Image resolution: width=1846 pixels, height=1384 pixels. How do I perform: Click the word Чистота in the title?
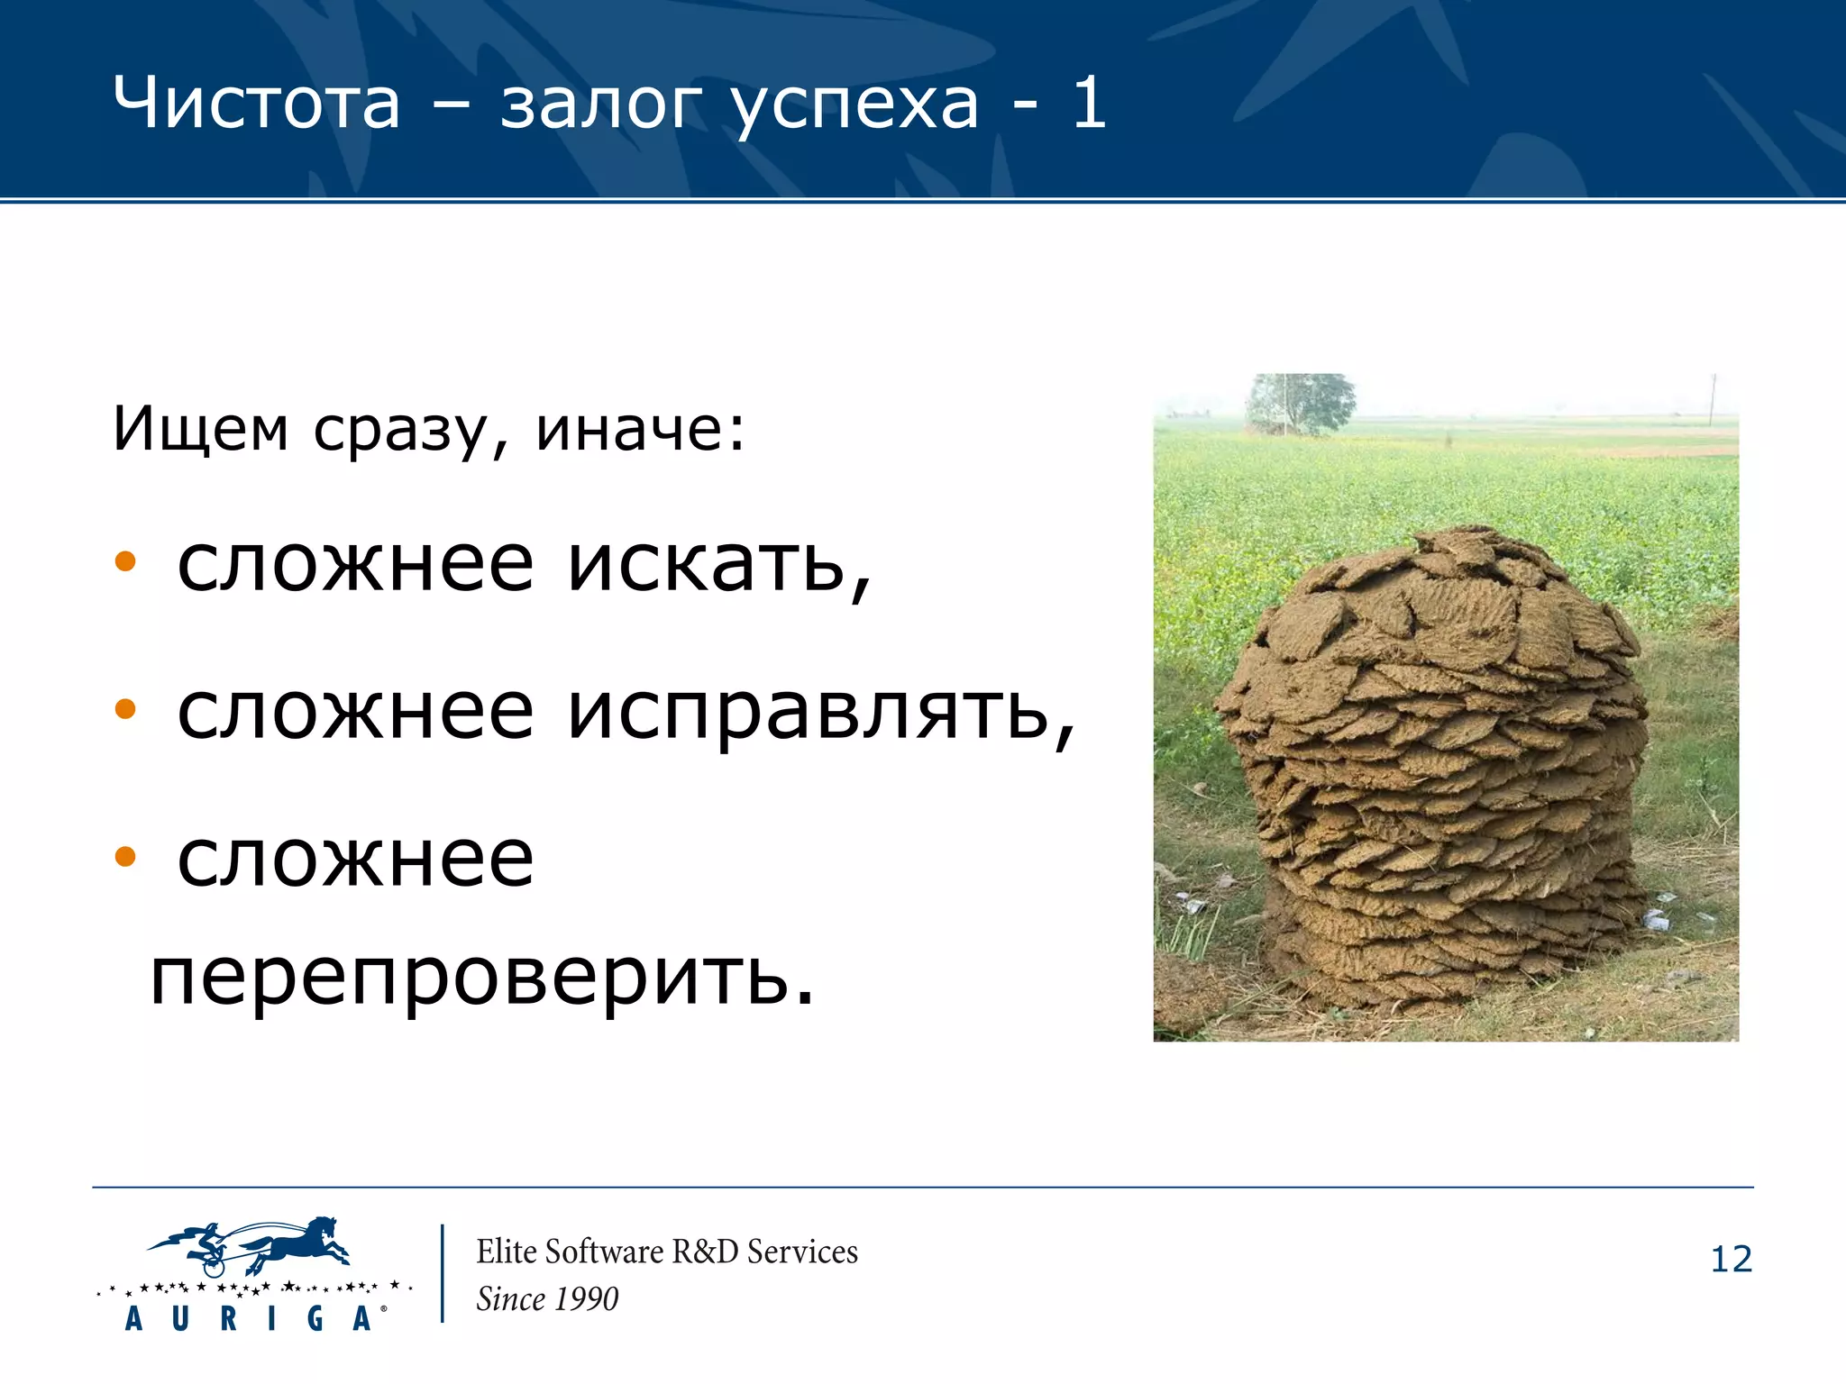click(x=256, y=104)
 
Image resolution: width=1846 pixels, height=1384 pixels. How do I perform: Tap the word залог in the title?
click(x=600, y=104)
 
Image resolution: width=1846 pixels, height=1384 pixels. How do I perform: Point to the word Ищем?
click(x=200, y=429)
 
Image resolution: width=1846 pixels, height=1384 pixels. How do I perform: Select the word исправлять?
click(x=820, y=714)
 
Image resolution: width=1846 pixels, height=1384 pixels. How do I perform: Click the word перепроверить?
click(x=482, y=977)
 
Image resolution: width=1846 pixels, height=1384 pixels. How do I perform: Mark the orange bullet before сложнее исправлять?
click(x=125, y=710)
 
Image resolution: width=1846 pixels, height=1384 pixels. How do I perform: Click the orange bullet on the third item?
click(x=125, y=856)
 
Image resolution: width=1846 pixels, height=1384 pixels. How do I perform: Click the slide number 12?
click(x=1731, y=1260)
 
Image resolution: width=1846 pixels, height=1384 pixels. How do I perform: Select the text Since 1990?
click(x=547, y=1299)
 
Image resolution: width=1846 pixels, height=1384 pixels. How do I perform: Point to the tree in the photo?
click(x=1300, y=402)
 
